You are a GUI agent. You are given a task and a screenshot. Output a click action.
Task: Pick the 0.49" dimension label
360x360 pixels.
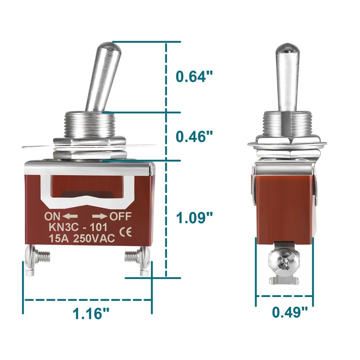tap(290, 312)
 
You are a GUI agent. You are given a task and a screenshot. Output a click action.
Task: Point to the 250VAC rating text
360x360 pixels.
tap(94, 238)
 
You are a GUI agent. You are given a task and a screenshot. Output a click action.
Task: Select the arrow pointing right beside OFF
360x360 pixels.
tap(100, 216)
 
